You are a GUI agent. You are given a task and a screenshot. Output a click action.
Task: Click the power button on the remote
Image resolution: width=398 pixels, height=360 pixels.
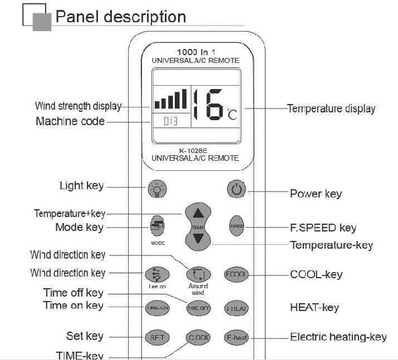tap(237, 189)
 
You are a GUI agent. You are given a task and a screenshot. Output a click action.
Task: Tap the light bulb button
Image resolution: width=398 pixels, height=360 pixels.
tap(158, 189)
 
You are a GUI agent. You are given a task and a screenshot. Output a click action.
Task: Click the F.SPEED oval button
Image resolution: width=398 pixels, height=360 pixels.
tap(237, 226)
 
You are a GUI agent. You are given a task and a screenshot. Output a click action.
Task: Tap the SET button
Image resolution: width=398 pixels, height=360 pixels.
tap(156, 337)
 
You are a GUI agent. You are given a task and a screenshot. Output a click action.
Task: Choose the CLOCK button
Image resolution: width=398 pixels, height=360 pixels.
tap(198, 337)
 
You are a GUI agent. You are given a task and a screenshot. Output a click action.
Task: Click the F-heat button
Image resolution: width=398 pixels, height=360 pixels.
tap(236, 337)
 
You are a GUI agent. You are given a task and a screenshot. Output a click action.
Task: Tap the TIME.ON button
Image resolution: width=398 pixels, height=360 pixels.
tap(156, 308)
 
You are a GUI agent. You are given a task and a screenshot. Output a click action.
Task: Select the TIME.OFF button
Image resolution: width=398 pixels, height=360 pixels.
tap(198, 308)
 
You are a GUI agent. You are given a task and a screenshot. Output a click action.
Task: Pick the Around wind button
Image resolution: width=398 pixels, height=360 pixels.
tap(198, 274)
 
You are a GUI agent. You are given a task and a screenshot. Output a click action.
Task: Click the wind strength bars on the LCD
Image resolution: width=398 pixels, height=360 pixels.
tap(170, 100)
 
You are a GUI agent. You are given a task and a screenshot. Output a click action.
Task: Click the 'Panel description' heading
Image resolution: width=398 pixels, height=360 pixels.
tap(121, 17)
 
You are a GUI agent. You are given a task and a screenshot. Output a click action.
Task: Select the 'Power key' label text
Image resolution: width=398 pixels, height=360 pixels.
tap(316, 194)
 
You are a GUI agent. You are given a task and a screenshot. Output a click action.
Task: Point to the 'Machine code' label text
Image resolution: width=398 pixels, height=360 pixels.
tap(70, 121)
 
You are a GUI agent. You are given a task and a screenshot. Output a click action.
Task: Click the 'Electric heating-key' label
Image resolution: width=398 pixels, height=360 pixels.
tap(338, 337)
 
